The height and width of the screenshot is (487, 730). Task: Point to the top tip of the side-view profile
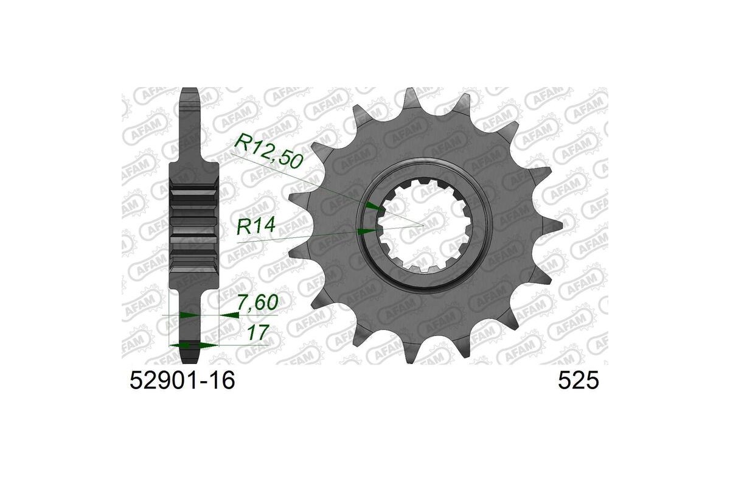190,91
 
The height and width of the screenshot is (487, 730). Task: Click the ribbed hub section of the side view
193,225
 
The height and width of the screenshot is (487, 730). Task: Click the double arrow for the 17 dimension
193,345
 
